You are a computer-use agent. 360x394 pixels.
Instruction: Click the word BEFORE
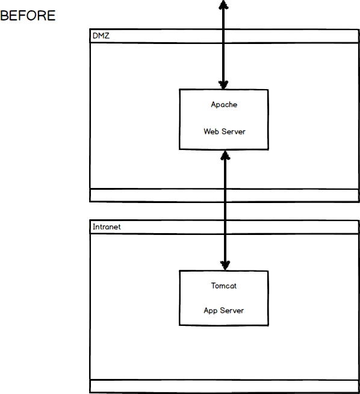point(28,16)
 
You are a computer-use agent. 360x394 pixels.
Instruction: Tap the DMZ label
point(101,36)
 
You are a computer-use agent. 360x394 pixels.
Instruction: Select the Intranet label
point(106,227)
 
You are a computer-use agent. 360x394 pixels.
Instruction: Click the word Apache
point(224,104)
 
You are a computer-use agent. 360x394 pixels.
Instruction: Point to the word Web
point(210,131)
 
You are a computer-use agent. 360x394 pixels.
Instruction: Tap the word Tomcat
point(223,286)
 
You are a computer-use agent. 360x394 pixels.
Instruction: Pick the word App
point(211,310)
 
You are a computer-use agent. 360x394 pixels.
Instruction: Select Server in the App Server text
point(232,310)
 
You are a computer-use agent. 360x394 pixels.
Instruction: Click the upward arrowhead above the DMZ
point(223,5)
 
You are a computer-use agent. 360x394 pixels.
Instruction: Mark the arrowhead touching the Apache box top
point(223,84)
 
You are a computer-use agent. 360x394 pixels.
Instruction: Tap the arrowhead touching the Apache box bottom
point(225,155)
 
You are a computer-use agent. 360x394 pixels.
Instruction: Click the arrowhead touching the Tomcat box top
point(225,264)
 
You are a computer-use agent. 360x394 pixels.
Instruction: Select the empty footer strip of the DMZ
point(224,195)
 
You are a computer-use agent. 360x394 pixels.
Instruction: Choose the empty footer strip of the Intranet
point(224,386)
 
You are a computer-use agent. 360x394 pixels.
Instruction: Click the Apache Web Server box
point(223,119)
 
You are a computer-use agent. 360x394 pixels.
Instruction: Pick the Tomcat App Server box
point(223,298)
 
